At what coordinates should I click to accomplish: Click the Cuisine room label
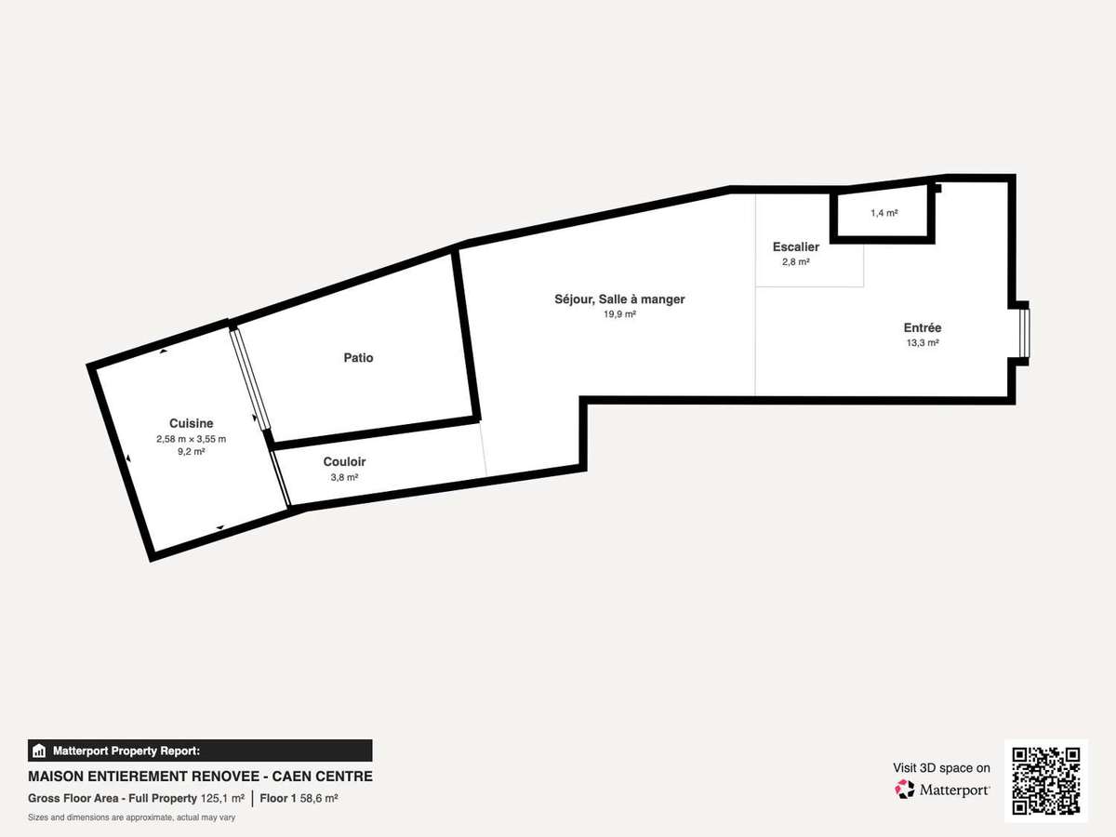coord(192,423)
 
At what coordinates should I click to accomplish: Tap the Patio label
coord(358,358)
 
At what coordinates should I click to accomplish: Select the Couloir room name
coord(345,461)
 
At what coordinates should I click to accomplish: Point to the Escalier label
coord(796,247)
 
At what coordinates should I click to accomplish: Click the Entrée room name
coord(923,327)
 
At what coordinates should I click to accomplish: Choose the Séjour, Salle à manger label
coord(619,299)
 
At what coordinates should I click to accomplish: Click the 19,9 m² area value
coord(619,314)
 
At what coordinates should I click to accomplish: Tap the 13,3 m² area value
coord(923,342)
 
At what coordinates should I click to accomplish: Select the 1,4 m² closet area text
coord(884,213)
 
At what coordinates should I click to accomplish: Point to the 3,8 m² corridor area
coord(345,477)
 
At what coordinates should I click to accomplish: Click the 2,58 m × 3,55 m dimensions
coord(192,439)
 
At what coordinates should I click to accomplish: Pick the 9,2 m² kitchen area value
coord(192,451)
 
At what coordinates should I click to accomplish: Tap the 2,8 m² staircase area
coord(796,261)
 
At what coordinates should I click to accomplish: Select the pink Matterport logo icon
coord(905,790)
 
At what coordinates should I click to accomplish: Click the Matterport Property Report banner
coord(200,751)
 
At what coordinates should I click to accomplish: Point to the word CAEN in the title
coord(292,777)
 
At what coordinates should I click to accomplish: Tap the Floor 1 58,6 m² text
coord(299,798)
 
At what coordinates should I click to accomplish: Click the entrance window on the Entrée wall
coord(1025,333)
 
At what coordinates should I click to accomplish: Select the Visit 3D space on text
coord(941,768)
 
